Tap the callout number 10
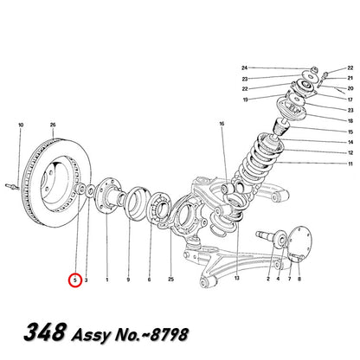click(x=21, y=125)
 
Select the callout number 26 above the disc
click(x=53, y=125)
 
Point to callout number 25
click(x=171, y=280)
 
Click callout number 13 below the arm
click(x=237, y=278)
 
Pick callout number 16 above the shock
click(x=222, y=124)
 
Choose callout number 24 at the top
click(x=245, y=67)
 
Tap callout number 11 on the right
click(x=350, y=164)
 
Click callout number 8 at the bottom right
click(x=299, y=279)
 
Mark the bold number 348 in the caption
click(x=44, y=331)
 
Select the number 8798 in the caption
click(x=170, y=334)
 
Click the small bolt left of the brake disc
click(x=12, y=186)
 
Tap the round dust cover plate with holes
click(x=299, y=244)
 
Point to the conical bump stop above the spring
click(x=280, y=127)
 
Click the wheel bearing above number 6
click(x=157, y=207)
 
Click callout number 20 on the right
click(x=350, y=88)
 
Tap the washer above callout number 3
click(x=90, y=191)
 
